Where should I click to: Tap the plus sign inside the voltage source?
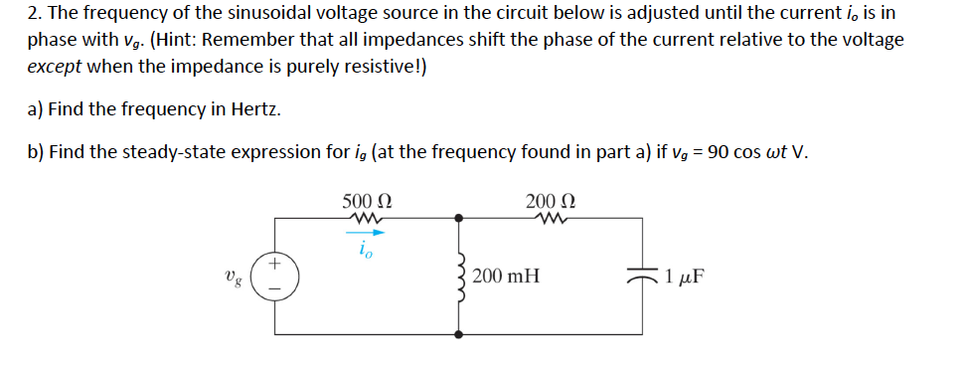click(275, 265)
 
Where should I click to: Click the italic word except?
click(54, 67)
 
